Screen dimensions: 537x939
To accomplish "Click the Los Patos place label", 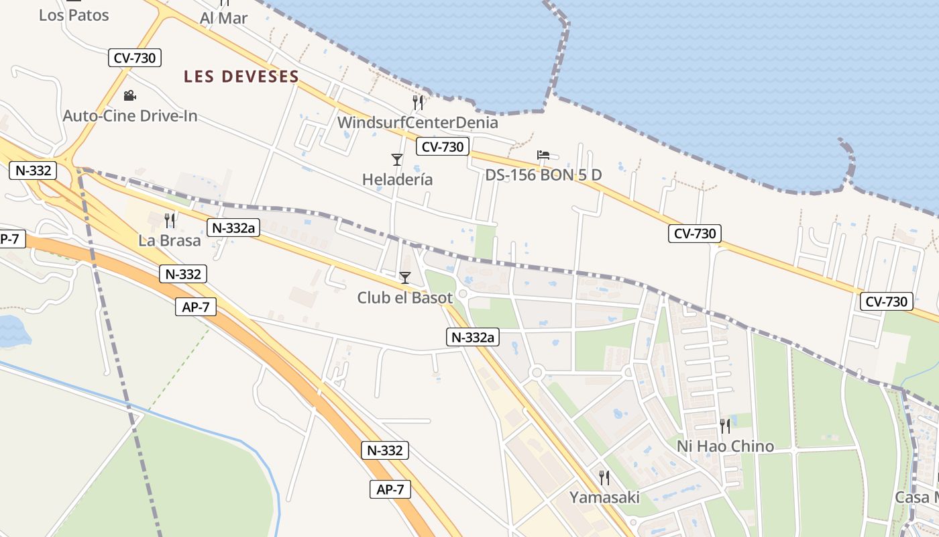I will tap(74, 15).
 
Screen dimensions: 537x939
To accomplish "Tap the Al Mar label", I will tap(224, 18).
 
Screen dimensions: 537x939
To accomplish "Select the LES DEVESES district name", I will tap(241, 77).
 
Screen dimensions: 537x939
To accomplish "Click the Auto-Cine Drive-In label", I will tap(130, 115).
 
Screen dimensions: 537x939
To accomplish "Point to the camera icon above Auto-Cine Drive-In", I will tap(129, 96).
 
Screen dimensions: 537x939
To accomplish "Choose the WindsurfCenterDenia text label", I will tap(418, 122).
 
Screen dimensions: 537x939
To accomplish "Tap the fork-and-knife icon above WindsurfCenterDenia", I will tap(418, 102).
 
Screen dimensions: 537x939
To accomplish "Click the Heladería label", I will tap(397, 179).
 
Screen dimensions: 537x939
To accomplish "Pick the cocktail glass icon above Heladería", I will tap(397, 159).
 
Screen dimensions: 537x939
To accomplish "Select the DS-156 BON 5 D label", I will tap(543, 175).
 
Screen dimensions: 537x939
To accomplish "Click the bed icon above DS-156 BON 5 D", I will tap(543, 155).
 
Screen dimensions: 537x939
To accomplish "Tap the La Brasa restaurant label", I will tap(170, 240).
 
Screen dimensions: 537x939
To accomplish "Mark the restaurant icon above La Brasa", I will tap(170, 219).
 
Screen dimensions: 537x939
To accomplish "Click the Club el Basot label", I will tap(404, 297).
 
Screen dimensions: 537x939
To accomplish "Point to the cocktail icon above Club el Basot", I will tap(404, 277).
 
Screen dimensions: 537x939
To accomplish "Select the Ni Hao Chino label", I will tap(725, 446).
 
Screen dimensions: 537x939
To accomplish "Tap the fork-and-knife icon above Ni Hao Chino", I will tap(725, 426).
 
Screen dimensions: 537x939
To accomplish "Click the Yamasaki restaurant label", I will tap(604, 497).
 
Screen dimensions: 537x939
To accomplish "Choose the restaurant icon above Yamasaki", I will tap(604, 477).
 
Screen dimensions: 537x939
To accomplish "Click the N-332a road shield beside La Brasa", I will tap(233, 228).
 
